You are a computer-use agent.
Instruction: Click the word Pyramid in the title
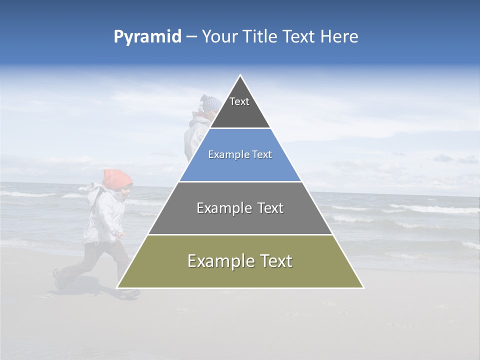(x=147, y=37)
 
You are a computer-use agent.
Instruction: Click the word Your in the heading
(x=221, y=37)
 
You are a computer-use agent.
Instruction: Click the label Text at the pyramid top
(x=239, y=101)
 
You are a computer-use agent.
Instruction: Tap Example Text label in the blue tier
(x=240, y=154)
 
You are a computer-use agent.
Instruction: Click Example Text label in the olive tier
(x=240, y=261)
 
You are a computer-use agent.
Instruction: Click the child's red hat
(x=117, y=178)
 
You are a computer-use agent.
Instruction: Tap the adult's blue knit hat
(x=211, y=103)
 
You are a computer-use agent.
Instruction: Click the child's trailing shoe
(x=59, y=280)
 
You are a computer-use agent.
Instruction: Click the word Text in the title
(x=299, y=37)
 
